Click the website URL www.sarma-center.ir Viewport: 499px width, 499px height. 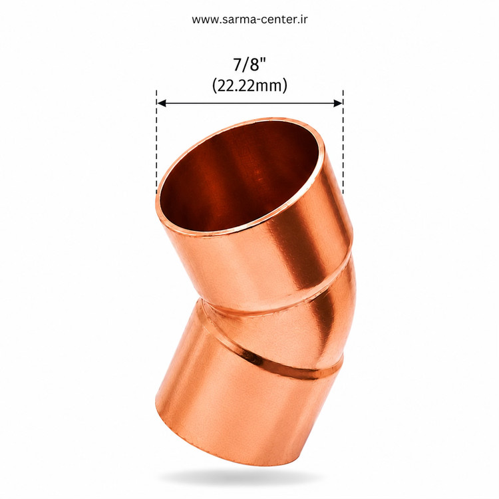coord(249,19)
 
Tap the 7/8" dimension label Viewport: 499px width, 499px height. coord(249,65)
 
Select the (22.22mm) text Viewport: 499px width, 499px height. coord(249,85)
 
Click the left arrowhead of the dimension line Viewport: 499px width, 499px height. coord(162,102)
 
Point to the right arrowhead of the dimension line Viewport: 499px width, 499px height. coord(338,102)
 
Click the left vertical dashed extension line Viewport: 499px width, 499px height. coord(156,142)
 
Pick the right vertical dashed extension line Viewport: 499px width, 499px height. coord(343,142)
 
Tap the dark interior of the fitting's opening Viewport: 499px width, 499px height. coord(239,175)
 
